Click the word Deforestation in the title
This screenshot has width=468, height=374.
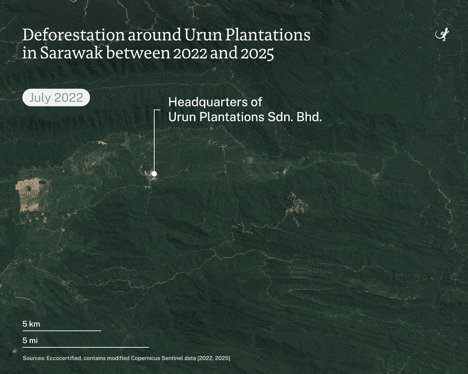pos(73,35)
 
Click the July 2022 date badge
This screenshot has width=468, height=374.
pos(56,98)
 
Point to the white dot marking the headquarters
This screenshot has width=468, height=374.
pos(154,173)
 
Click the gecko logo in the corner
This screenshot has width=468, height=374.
pos(442,34)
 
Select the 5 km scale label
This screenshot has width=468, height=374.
pos(31,324)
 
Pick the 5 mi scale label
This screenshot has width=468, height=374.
pos(30,340)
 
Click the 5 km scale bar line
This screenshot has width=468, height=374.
pos(62,331)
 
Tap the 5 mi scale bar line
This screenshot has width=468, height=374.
pos(86,347)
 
